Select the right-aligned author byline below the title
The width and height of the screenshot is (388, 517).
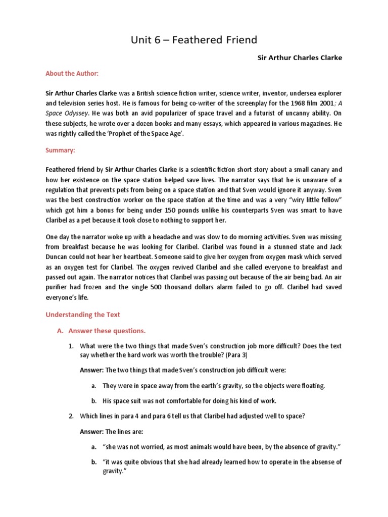pos(300,58)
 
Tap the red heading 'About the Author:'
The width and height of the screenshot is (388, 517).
pos(72,74)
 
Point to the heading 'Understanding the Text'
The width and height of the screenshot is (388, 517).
pos(83,315)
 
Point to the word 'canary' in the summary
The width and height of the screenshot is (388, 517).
pos(318,171)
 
